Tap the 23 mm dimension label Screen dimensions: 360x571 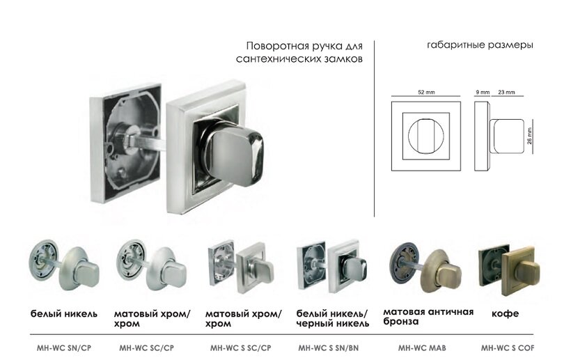[x=507, y=92]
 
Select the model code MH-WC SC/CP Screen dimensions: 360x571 [x=146, y=347]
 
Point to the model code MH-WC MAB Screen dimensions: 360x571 [x=423, y=347]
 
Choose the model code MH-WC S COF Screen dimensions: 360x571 [x=508, y=347]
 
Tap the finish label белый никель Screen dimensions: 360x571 [x=64, y=314]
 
